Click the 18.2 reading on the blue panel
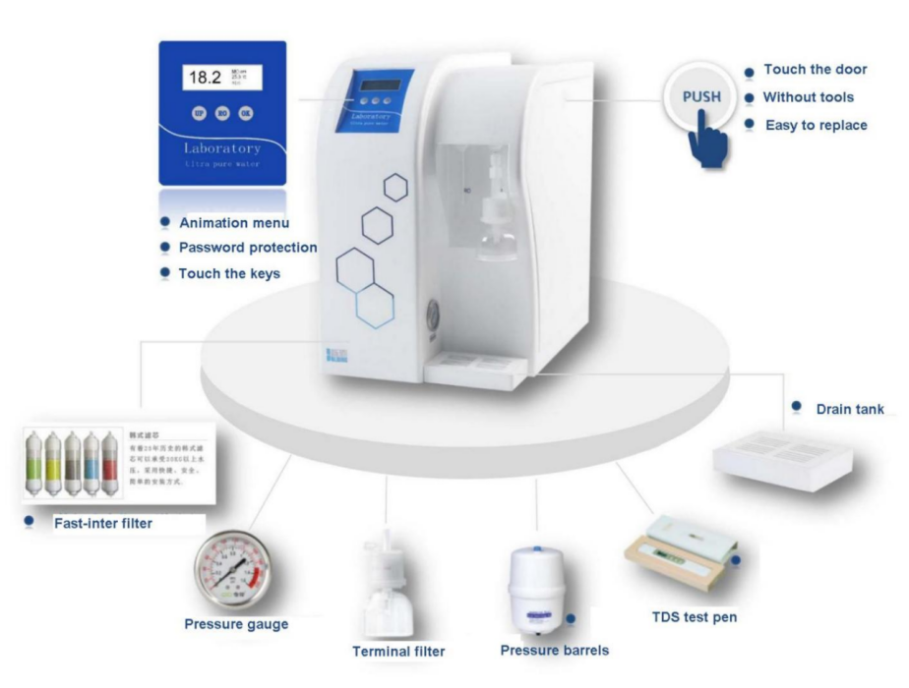[205, 78]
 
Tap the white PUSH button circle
[700, 96]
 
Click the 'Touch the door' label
[815, 70]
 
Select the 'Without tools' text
[808, 97]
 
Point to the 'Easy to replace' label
[816, 126]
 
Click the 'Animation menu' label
[234, 223]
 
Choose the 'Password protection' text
[247, 248]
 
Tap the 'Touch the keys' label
[229, 273]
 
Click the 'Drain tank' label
[850, 409]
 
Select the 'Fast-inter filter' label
[103, 524]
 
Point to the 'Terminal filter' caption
[398, 651]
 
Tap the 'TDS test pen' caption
[695, 617]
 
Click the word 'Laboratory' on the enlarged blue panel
[222, 148]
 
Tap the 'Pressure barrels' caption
[554, 651]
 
